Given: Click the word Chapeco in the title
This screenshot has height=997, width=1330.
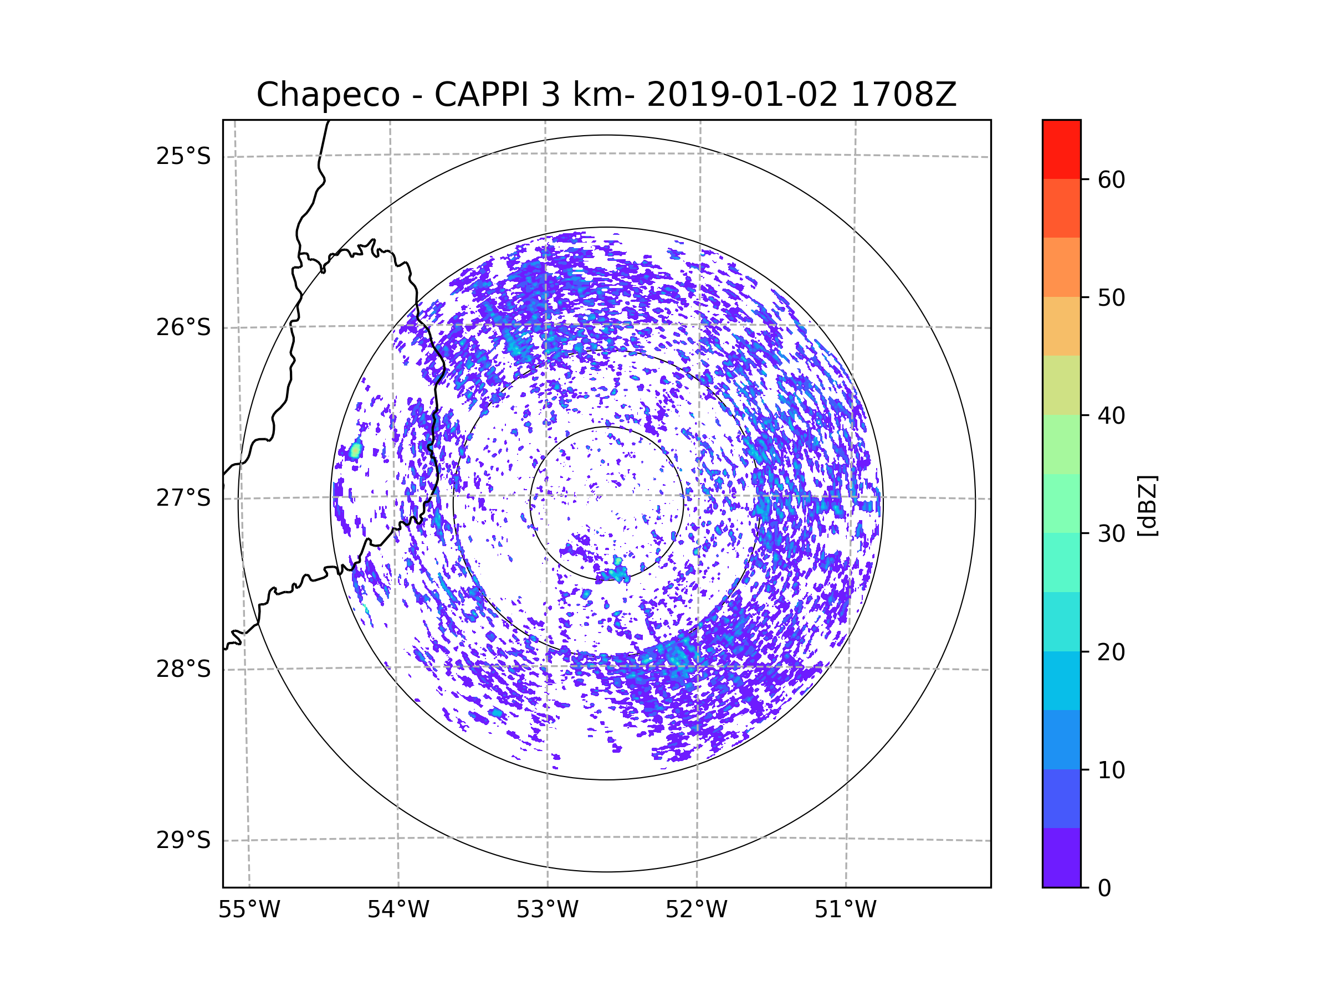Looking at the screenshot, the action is (x=328, y=95).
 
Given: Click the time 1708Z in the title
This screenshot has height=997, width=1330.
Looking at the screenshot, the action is (x=903, y=95).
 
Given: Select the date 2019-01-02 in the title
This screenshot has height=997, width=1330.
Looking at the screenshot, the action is (x=742, y=95).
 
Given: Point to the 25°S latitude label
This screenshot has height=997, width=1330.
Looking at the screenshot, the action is (x=183, y=156).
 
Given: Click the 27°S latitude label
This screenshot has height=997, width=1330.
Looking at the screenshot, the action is (x=183, y=498).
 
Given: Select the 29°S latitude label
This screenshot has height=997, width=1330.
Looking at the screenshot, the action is (x=183, y=840).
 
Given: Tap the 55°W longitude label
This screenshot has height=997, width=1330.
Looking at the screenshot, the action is (x=249, y=909).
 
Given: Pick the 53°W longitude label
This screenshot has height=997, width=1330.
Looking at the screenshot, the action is (x=547, y=909).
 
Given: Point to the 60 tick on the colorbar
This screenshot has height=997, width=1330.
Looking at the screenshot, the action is (x=1111, y=179).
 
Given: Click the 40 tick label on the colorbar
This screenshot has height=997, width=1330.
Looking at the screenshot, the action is (x=1111, y=416).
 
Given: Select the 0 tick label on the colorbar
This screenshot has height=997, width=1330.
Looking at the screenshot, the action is (x=1104, y=888).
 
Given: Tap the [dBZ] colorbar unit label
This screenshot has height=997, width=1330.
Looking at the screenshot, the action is (x=1148, y=506).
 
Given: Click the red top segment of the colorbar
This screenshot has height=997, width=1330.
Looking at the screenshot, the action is (x=1061, y=150).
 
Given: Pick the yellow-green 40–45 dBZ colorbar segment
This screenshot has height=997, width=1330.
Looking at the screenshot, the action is (x=1061, y=385).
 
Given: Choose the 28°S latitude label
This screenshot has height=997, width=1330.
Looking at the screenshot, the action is (x=183, y=669).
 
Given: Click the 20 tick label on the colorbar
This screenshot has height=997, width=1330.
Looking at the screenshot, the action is (x=1111, y=652).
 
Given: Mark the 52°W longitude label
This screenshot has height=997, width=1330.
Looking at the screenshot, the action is (x=696, y=909).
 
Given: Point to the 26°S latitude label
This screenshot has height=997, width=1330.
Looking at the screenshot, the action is (x=183, y=327).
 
